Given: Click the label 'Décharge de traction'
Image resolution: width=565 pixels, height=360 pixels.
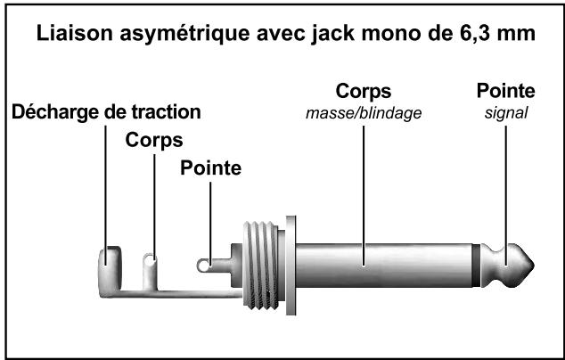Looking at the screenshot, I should click(106, 112).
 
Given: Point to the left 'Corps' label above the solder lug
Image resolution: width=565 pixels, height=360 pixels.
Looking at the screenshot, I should click(154, 140).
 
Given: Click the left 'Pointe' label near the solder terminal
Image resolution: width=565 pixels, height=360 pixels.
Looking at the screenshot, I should click(210, 168).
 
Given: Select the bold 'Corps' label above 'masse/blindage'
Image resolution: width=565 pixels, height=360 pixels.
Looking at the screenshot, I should click(363, 93).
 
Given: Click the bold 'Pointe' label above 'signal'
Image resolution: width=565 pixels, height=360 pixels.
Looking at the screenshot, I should click(505, 93).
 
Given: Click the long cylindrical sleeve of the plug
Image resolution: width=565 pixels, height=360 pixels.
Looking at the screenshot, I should click(383, 265).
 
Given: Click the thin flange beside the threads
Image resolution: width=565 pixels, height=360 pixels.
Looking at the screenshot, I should click(291, 265).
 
